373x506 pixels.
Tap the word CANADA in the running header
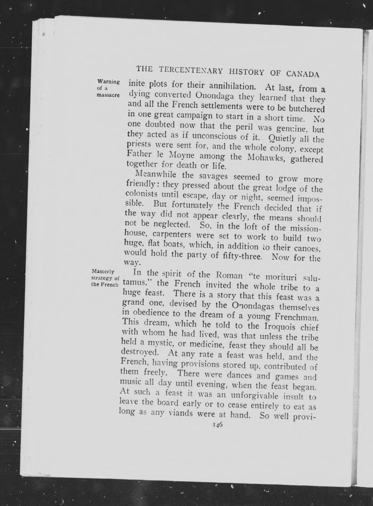(x=303, y=74)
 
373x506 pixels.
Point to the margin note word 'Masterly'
(x=103, y=272)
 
